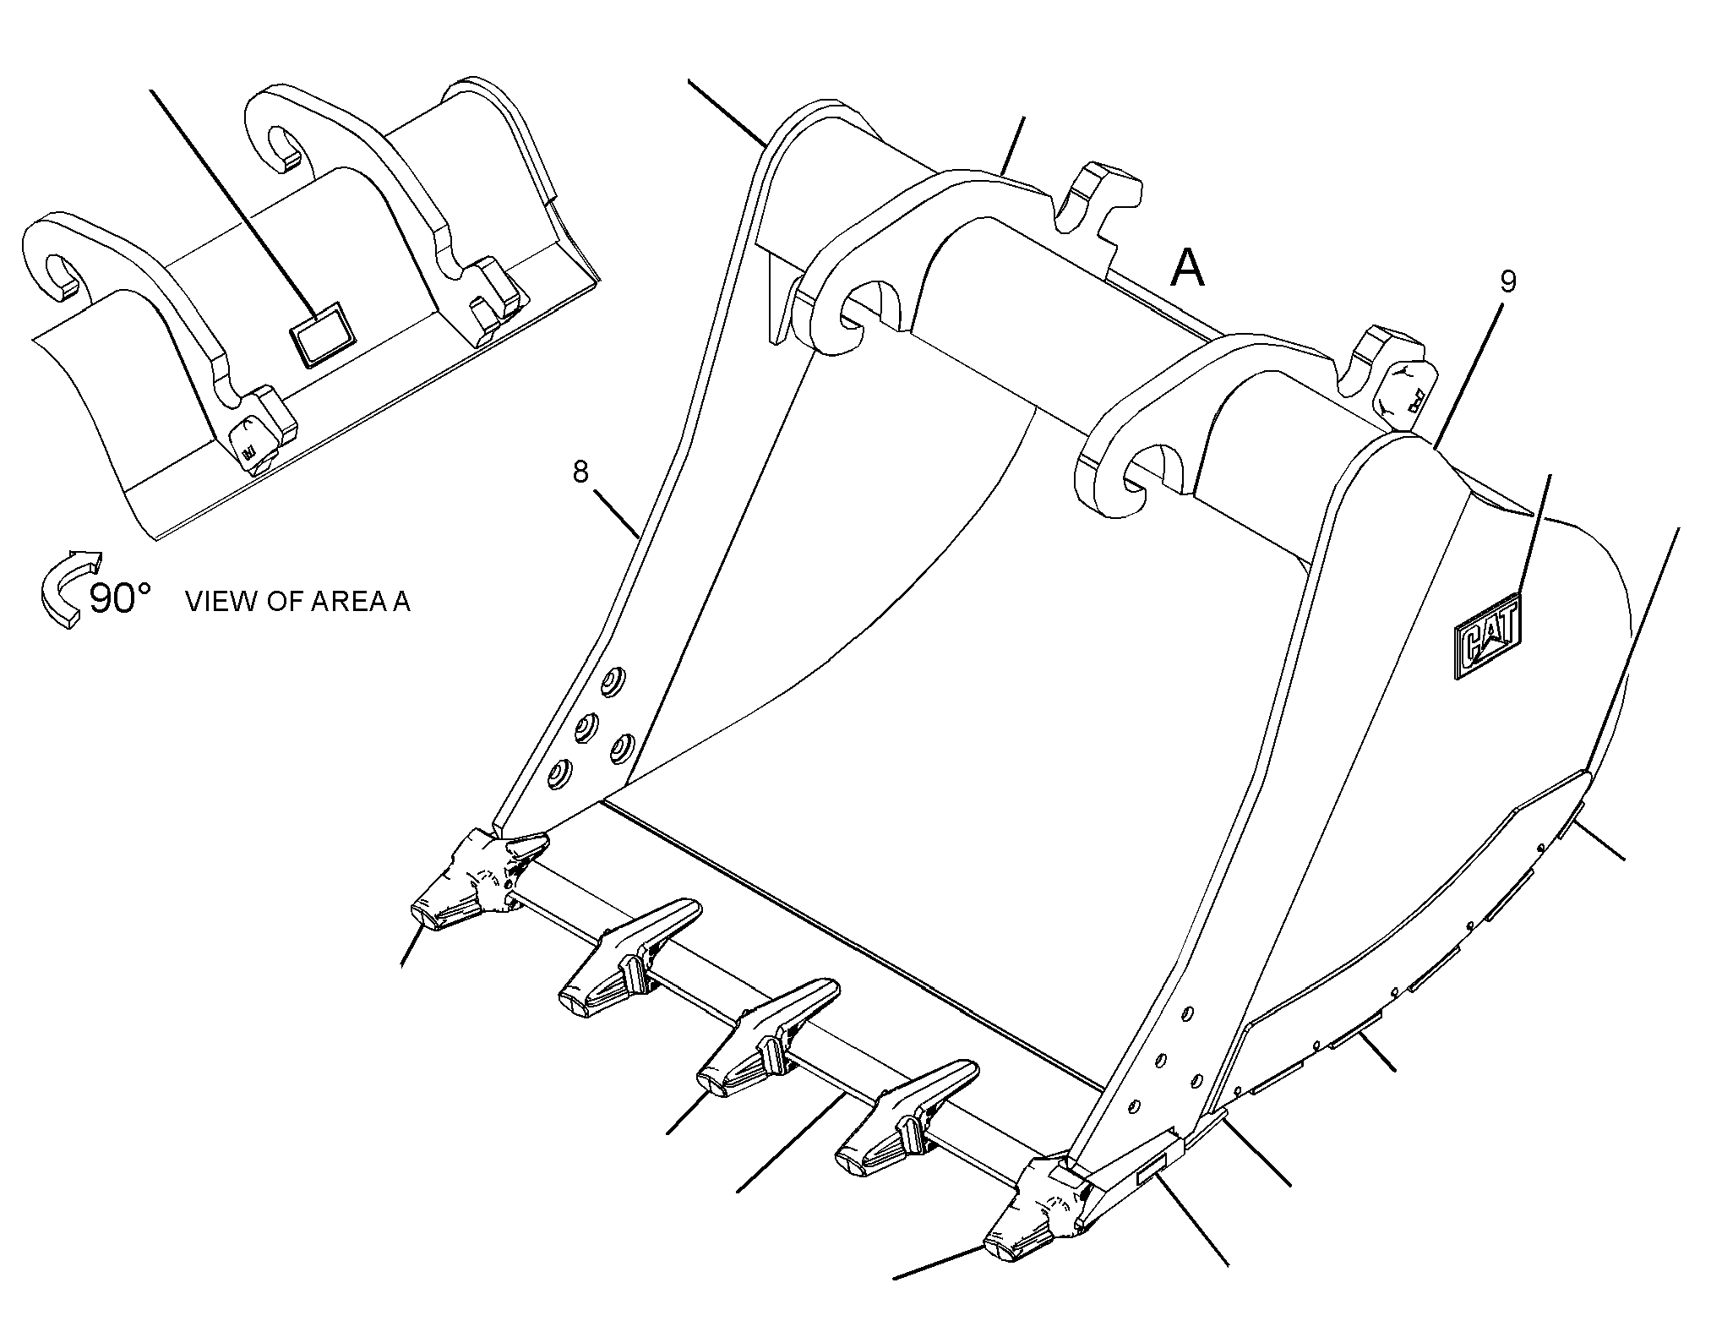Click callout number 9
(x=1508, y=282)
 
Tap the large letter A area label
(x=1187, y=270)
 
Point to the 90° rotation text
(x=120, y=599)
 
